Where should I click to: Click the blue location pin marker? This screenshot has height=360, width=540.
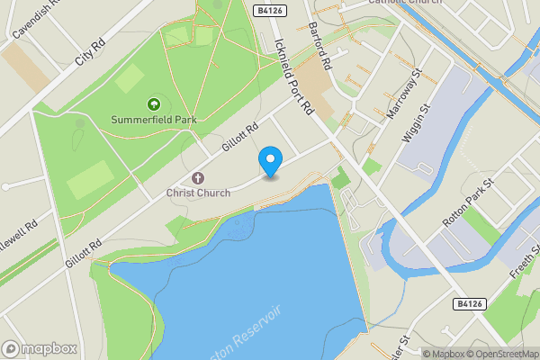pos(270,161)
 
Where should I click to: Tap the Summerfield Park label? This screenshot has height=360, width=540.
pos(153,120)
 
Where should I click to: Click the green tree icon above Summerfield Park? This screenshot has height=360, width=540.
pos(153,104)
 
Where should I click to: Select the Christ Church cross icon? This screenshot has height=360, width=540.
pos(198,177)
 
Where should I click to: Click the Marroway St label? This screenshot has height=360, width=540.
pos(404,95)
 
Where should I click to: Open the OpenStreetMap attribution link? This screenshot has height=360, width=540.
pos(500,354)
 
